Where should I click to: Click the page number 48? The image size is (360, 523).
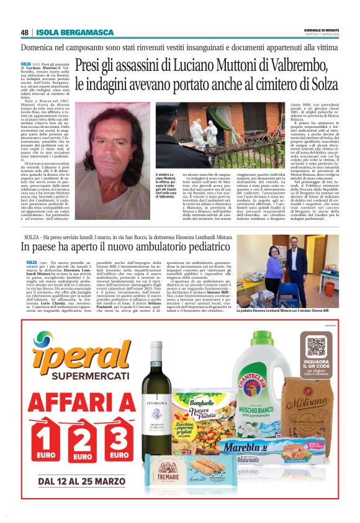click(x=25, y=33)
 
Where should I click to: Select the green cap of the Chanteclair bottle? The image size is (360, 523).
click(x=264, y=343)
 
